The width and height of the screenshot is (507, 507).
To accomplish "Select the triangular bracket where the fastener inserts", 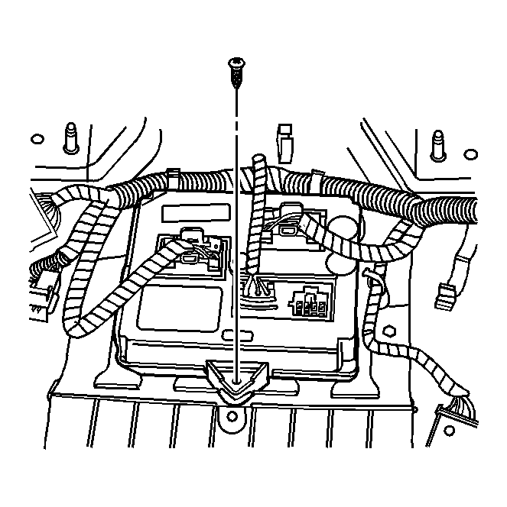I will tap(238, 377).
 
